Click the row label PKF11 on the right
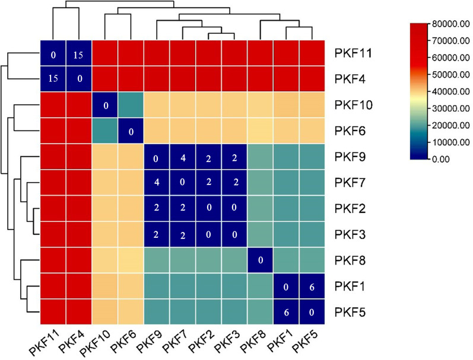point(353,53)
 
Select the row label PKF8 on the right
point(350,260)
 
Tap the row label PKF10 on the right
point(354,105)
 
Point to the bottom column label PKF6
point(123,342)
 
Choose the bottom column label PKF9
point(150,342)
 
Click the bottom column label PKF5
point(306,342)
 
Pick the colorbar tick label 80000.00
point(451,24)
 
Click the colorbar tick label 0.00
point(441,159)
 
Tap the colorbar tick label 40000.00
point(451,91)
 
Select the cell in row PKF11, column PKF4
point(79,53)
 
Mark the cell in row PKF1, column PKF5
point(312,286)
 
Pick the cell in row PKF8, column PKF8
point(261,260)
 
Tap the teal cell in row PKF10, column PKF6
point(131,105)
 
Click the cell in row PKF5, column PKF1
point(286,312)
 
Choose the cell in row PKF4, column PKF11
point(53,79)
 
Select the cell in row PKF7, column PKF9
point(157,183)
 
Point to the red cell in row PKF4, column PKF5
point(312,79)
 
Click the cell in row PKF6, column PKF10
point(105,131)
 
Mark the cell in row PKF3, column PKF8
point(261,235)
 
